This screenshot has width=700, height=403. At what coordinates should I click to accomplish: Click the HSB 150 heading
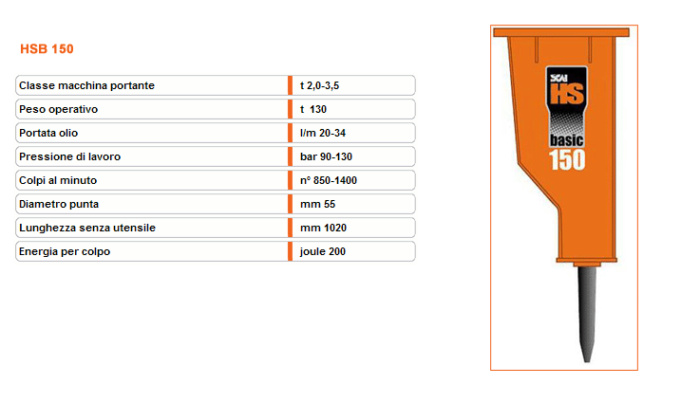coord(47,48)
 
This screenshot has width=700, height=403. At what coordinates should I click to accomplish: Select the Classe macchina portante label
coord(86,85)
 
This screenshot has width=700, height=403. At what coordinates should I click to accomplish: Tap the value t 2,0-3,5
coord(320,85)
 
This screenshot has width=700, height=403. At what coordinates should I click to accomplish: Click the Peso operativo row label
coord(59,109)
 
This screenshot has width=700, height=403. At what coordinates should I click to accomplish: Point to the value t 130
coord(313,109)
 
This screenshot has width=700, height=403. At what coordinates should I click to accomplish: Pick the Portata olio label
coord(48,133)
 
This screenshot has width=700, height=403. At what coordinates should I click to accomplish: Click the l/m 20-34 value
coord(323,133)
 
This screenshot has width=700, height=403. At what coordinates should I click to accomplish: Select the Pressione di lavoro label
coord(69,156)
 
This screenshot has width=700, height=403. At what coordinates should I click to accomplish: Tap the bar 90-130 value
coord(327,156)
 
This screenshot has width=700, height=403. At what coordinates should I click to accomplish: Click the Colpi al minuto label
coord(58,180)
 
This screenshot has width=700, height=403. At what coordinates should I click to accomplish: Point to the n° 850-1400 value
coord(329,180)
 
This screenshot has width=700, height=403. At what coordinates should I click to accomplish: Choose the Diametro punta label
coord(59,204)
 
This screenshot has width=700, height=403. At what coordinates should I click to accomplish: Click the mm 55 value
coord(318,204)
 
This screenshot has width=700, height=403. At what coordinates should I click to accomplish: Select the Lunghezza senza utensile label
coord(87,228)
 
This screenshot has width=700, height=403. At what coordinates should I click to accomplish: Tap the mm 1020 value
coord(323,228)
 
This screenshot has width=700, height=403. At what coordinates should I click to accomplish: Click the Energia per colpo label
coord(65,251)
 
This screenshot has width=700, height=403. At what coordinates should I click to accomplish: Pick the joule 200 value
coord(323,251)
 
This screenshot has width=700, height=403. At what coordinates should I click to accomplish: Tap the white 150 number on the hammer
coord(567,160)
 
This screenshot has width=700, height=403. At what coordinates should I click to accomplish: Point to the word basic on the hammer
coord(566,140)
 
